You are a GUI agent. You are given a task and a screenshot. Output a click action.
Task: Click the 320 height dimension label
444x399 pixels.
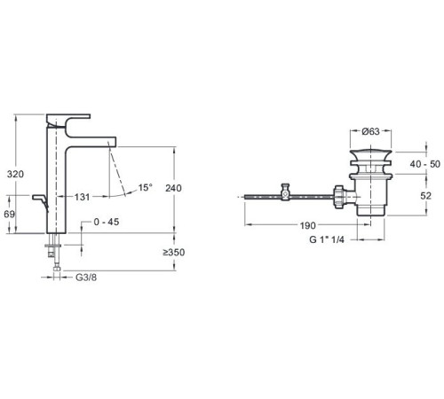15,175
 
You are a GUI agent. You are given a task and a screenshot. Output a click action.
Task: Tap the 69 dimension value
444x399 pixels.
10,215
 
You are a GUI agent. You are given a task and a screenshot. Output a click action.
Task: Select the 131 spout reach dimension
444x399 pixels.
82,197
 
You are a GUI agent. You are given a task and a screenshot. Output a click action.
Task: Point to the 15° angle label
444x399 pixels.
146,187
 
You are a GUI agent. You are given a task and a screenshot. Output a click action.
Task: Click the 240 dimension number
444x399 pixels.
173,188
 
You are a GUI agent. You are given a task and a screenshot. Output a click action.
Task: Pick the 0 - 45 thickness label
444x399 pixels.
107,222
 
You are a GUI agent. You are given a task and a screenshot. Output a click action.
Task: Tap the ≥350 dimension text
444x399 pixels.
173,253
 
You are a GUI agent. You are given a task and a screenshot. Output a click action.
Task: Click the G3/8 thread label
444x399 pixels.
86,278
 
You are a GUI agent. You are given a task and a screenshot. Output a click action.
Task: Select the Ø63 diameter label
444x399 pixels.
370,131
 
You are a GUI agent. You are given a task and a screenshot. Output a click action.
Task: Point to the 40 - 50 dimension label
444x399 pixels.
425,164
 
